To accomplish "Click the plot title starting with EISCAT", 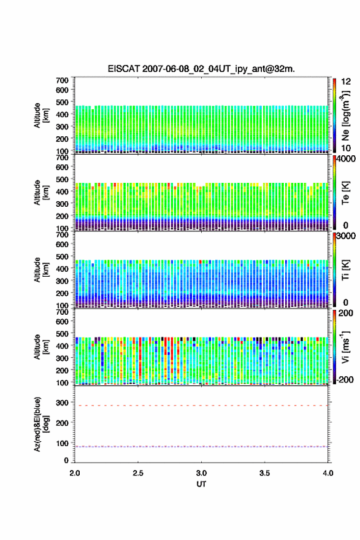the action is pos(201,69).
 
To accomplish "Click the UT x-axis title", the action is pos(201,484).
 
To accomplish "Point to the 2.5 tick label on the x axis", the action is pos(138,473).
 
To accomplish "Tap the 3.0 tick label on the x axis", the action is pos(201,473).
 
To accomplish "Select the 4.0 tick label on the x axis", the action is pos(328,473).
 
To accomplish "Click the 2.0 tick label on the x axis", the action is pos(75,473).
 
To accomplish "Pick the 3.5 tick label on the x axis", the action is pos(265,473).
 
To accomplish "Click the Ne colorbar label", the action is pos(345,115).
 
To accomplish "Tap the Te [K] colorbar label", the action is pos(345,193).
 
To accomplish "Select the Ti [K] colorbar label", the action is pos(345,269).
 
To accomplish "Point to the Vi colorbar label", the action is pos(345,347).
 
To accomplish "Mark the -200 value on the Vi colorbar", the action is pos(343,380).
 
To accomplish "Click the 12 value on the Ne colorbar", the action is pos(346,82).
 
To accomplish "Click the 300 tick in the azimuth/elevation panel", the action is pos(63,403).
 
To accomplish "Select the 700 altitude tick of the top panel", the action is pos(63,80).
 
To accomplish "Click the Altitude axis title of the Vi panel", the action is pos(40,347).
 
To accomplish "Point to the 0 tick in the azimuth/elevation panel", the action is pos(66,460).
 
